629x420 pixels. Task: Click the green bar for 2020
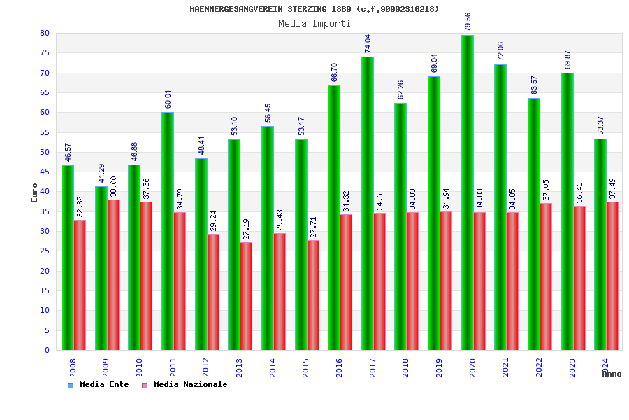tap(468, 192)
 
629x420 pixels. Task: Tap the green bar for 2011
tap(168, 231)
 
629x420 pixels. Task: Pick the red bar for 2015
tap(313, 295)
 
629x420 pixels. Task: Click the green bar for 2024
tap(600, 244)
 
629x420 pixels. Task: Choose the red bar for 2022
tap(546, 276)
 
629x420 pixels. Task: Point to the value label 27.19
tap(246, 230)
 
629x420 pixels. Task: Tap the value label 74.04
tap(367, 43)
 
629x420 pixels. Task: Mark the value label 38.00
tap(113, 187)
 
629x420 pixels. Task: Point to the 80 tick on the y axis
tap(45, 34)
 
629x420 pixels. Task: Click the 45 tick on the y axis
tap(45, 172)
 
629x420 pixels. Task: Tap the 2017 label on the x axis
tap(373, 368)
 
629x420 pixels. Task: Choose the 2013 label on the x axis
tap(240, 368)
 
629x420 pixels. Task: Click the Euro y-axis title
tap(35, 192)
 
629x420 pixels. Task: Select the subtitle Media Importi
tap(314, 23)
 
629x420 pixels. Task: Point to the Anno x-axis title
tap(612, 374)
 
